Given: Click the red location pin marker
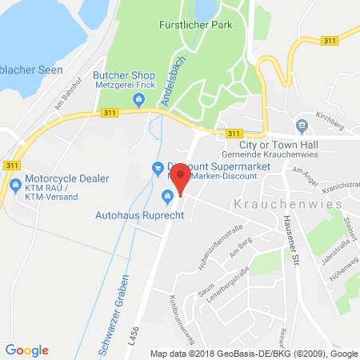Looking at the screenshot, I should (182, 178).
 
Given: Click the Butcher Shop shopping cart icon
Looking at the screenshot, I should (139, 100).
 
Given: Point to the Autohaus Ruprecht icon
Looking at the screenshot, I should (167, 196).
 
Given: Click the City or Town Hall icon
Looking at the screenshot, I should (302, 124).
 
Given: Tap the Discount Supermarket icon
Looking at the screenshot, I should (158, 166).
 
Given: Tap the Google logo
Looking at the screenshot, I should (27, 350).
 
